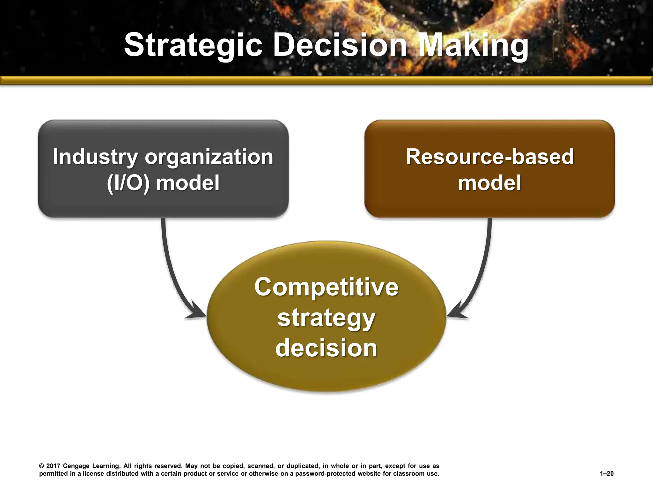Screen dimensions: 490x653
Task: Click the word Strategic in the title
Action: (193, 45)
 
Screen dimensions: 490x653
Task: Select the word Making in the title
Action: (473, 45)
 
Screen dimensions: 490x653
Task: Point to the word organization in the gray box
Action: (209, 157)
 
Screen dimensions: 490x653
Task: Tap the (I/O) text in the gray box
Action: (128, 183)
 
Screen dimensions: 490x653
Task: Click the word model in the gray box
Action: (188, 183)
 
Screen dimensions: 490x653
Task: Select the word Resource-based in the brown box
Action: (489, 157)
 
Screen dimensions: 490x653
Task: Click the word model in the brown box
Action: (489, 183)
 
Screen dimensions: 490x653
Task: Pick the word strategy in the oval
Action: (326, 318)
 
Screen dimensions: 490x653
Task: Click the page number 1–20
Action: (606, 474)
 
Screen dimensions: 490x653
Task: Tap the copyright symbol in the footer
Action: (41, 466)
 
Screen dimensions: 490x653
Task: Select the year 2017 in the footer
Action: (53, 466)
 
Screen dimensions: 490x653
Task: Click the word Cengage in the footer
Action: (76, 466)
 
